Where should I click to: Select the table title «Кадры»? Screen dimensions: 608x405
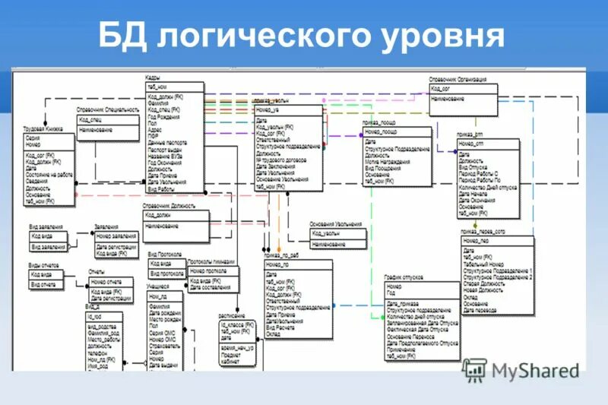tap(152, 78)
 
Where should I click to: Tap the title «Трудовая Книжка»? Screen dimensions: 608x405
tap(43, 129)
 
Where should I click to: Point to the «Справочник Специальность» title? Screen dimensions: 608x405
tap(107, 110)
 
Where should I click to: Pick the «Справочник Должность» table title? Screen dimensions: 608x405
tap(169, 206)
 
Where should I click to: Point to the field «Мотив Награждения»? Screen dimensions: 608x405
tap(386, 160)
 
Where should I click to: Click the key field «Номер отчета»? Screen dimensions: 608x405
tap(106, 281)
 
